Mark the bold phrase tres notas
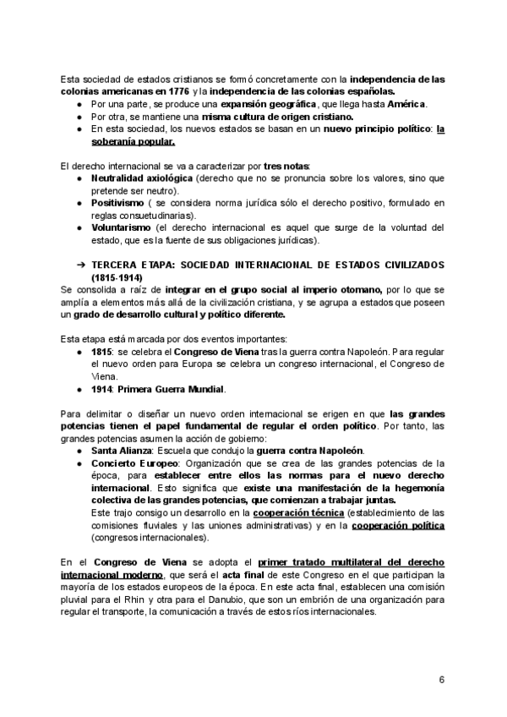pos(286,167)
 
